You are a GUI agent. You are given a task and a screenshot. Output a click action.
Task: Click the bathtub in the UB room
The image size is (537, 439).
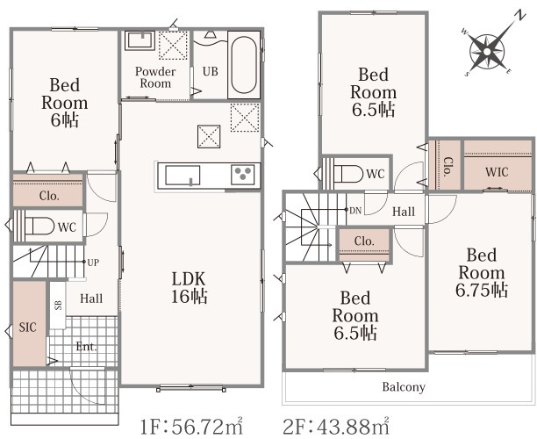click(244, 65)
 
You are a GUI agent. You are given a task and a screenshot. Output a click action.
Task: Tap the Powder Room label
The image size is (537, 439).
click(155, 77)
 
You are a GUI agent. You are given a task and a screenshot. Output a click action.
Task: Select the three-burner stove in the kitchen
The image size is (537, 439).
click(243, 175)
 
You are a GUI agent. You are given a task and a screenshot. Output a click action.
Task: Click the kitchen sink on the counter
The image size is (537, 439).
click(183, 176)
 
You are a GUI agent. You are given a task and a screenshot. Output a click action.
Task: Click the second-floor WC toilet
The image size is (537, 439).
click(347, 174)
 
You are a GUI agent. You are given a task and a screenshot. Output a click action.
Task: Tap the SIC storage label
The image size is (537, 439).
click(28, 327)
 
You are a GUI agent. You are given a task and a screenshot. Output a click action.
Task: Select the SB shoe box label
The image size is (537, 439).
click(58, 305)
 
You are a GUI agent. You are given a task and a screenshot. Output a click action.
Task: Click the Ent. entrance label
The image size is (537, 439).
click(86, 347)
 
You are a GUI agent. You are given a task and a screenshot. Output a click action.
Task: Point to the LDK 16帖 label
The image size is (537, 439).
click(190, 288)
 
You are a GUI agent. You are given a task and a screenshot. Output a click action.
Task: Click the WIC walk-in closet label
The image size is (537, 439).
click(497, 172)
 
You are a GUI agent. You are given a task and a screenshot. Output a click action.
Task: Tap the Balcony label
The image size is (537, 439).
click(404, 387)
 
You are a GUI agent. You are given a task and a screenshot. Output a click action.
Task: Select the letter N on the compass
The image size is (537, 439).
click(520, 16)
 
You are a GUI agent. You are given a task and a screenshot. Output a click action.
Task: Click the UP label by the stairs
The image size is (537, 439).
click(93, 263)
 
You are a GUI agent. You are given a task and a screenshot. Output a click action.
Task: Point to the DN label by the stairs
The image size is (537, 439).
click(355, 211)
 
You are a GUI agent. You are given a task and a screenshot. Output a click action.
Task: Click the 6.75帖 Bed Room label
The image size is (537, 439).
click(482, 273)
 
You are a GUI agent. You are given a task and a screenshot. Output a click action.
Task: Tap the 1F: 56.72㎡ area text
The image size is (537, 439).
click(192, 426)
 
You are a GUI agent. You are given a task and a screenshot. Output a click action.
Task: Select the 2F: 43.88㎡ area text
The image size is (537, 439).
click(336, 426)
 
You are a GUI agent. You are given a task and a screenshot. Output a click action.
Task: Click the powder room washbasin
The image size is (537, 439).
click(140, 40)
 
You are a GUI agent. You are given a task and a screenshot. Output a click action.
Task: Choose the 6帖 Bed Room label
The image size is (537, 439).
click(65, 103)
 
